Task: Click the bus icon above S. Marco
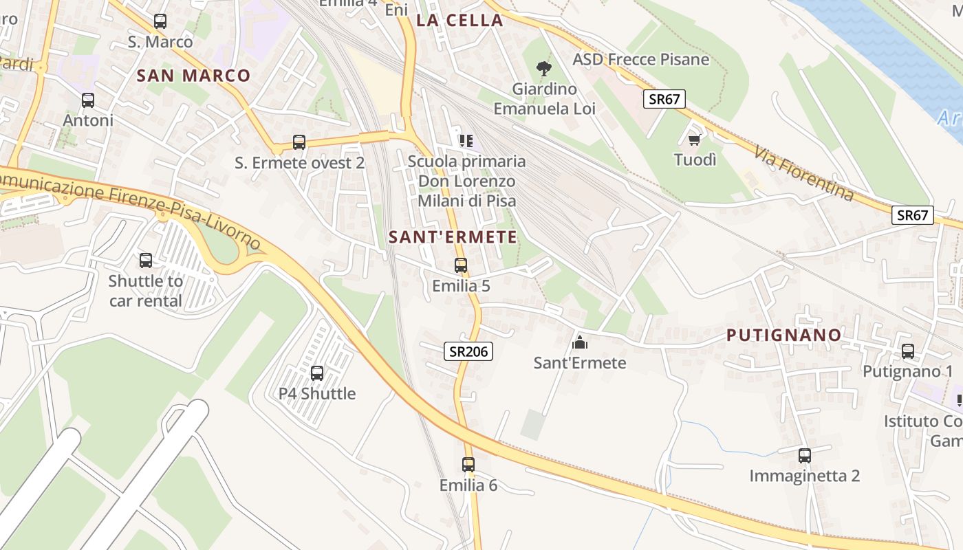click(x=160, y=21)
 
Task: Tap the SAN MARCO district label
click(x=193, y=76)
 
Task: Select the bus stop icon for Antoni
click(x=88, y=100)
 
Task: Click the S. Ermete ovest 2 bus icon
click(x=299, y=142)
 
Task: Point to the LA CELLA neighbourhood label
click(x=459, y=21)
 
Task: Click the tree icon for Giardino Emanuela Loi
click(x=544, y=69)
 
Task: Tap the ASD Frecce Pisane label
click(x=640, y=59)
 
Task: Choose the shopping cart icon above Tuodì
click(x=695, y=140)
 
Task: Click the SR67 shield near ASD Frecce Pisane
click(x=664, y=99)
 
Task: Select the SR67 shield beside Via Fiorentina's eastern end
click(x=913, y=215)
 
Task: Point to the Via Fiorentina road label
click(x=803, y=173)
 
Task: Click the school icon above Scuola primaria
click(x=466, y=141)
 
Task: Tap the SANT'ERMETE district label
click(x=453, y=237)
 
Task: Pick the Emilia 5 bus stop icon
click(x=461, y=265)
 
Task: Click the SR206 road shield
click(x=468, y=351)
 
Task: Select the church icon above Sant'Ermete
click(x=580, y=342)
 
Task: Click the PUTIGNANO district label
click(x=784, y=335)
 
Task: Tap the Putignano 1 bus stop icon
click(x=908, y=351)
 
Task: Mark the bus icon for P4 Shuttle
click(x=317, y=373)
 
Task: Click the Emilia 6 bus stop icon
click(x=468, y=465)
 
